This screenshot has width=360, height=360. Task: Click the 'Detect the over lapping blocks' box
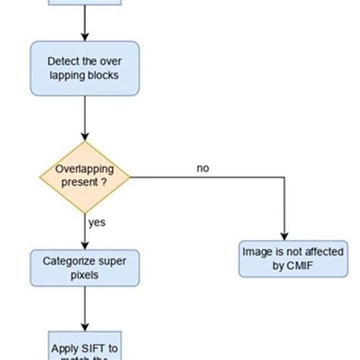coord(84,68)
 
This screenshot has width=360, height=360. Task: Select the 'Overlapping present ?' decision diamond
coord(84,177)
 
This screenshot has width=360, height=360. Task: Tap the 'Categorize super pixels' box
coord(84,268)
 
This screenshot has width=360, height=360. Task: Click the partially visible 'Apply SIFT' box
coord(84,346)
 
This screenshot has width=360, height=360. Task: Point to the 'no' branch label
coord(203,168)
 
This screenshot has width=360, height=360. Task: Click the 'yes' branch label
coord(97,223)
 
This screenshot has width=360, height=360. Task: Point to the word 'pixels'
coord(84,275)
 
